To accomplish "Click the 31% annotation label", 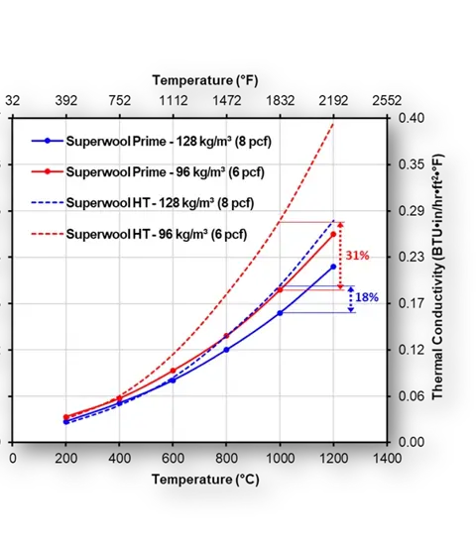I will (x=356, y=256).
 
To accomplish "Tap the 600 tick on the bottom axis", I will (x=173, y=459).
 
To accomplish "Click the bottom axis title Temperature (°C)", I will (x=199, y=480).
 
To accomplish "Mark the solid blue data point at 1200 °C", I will (x=333, y=266).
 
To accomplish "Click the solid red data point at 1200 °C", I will (x=333, y=234).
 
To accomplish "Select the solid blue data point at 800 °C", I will (x=226, y=349).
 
